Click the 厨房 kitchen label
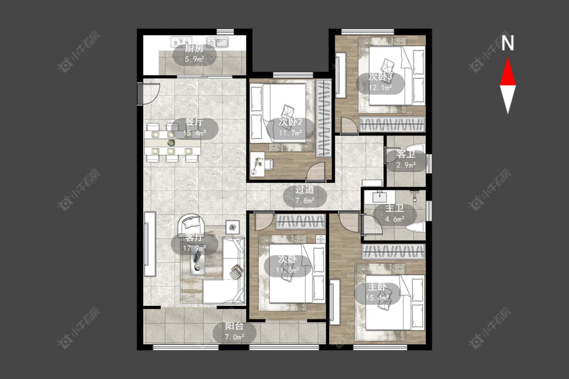(x=194, y=49)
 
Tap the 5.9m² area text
(x=194, y=59)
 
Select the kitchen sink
(x=217, y=42)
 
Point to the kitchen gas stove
(x=181, y=42)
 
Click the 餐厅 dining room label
(x=194, y=122)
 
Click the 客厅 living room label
(x=194, y=237)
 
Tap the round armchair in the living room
(x=191, y=224)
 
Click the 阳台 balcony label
(x=234, y=326)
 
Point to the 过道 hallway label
(x=304, y=189)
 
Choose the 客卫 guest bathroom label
(x=406, y=154)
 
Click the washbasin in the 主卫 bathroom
(x=380, y=198)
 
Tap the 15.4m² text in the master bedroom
(x=377, y=298)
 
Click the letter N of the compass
(x=508, y=43)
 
